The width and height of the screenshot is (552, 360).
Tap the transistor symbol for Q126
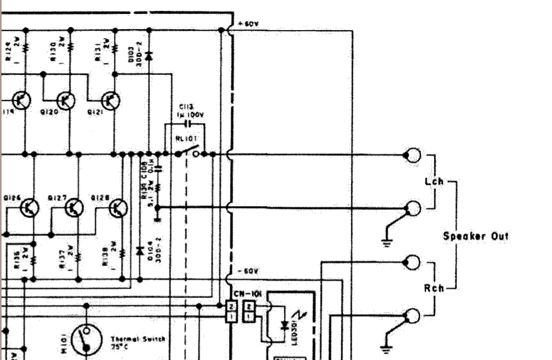pos(30,208)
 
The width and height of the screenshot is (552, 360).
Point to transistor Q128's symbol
pos(119,208)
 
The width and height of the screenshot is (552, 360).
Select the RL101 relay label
pos(185,139)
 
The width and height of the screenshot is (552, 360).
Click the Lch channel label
pos(434,182)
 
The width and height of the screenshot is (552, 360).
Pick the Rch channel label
pos(434,288)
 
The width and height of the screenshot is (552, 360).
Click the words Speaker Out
pos(476,236)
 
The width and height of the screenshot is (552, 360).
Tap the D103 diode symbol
pos(149,55)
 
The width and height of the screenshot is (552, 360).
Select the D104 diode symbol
pos(139,251)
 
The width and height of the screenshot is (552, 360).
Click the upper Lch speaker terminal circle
pos(413,155)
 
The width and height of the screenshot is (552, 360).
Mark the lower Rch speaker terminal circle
pos(413,316)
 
